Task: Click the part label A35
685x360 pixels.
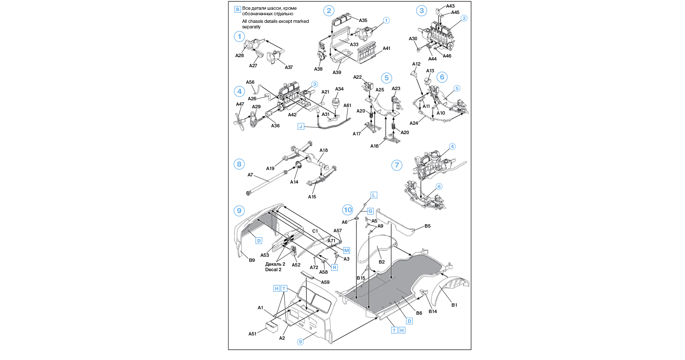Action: pyautogui.click(x=363, y=20)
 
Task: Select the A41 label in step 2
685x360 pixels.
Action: pyautogui.click(x=386, y=49)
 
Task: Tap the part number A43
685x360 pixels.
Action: pyautogui.click(x=450, y=6)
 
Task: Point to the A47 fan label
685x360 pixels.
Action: pyautogui.click(x=240, y=104)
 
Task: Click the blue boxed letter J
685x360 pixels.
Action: pyautogui.click(x=301, y=126)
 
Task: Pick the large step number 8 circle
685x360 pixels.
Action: pyautogui.click(x=239, y=164)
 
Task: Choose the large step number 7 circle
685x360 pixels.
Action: pyautogui.click(x=397, y=165)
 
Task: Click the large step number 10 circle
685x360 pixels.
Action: pyautogui.click(x=348, y=210)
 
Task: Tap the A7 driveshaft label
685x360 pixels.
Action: pyautogui.click(x=250, y=175)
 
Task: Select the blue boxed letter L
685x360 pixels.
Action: pyautogui.click(x=374, y=195)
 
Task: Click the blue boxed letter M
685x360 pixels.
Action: pyautogui.click(x=347, y=250)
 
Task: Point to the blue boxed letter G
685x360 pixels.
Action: pyautogui.click(x=370, y=211)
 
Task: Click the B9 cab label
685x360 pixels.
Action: pyautogui.click(x=252, y=260)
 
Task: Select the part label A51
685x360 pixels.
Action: pyautogui.click(x=252, y=334)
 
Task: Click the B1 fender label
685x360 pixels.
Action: pyautogui.click(x=454, y=305)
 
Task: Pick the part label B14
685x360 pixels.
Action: pyautogui.click(x=433, y=311)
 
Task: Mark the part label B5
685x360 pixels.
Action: pyautogui.click(x=427, y=226)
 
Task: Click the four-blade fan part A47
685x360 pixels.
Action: pyautogui.click(x=239, y=122)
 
